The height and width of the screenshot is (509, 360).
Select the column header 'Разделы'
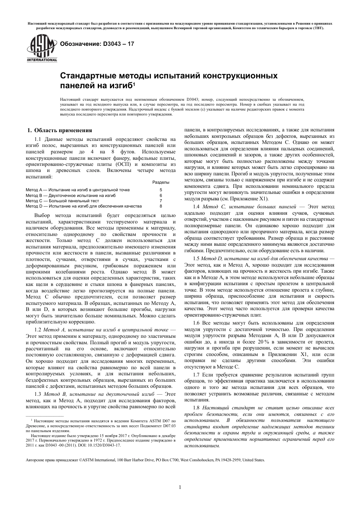pos(161,182)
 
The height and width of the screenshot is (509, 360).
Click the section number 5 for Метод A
pos(161,190)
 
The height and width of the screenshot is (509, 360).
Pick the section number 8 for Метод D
pos(161,206)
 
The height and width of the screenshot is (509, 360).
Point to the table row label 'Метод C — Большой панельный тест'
pos(62,201)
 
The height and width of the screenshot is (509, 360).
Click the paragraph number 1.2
pos(38,330)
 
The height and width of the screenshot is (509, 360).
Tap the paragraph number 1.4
pos(196,207)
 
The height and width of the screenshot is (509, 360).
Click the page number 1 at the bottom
pos(180,487)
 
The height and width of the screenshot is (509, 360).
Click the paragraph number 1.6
pos(196,323)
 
